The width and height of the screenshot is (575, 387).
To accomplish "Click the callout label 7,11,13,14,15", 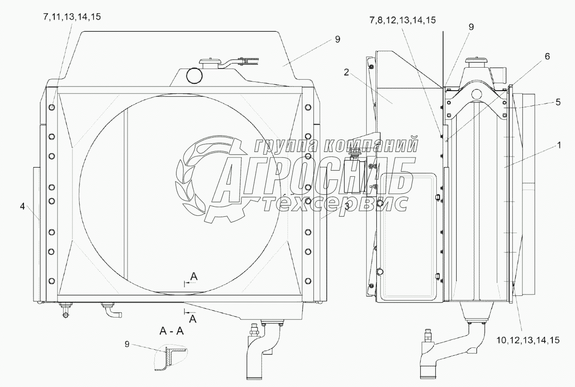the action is (x=72, y=17).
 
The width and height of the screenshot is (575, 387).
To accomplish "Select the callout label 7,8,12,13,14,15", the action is (x=403, y=20).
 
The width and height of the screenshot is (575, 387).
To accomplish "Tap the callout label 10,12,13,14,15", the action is (x=528, y=340).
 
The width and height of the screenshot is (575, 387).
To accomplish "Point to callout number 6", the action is (x=547, y=56).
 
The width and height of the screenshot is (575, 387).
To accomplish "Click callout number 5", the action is (x=558, y=102).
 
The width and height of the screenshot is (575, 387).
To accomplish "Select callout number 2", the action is (x=346, y=73).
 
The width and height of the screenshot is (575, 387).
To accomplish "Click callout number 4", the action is (x=22, y=206).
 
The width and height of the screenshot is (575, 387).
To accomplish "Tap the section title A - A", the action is (x=171, y=331).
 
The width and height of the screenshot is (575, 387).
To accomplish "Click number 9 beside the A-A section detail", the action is (x=127, y=344).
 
